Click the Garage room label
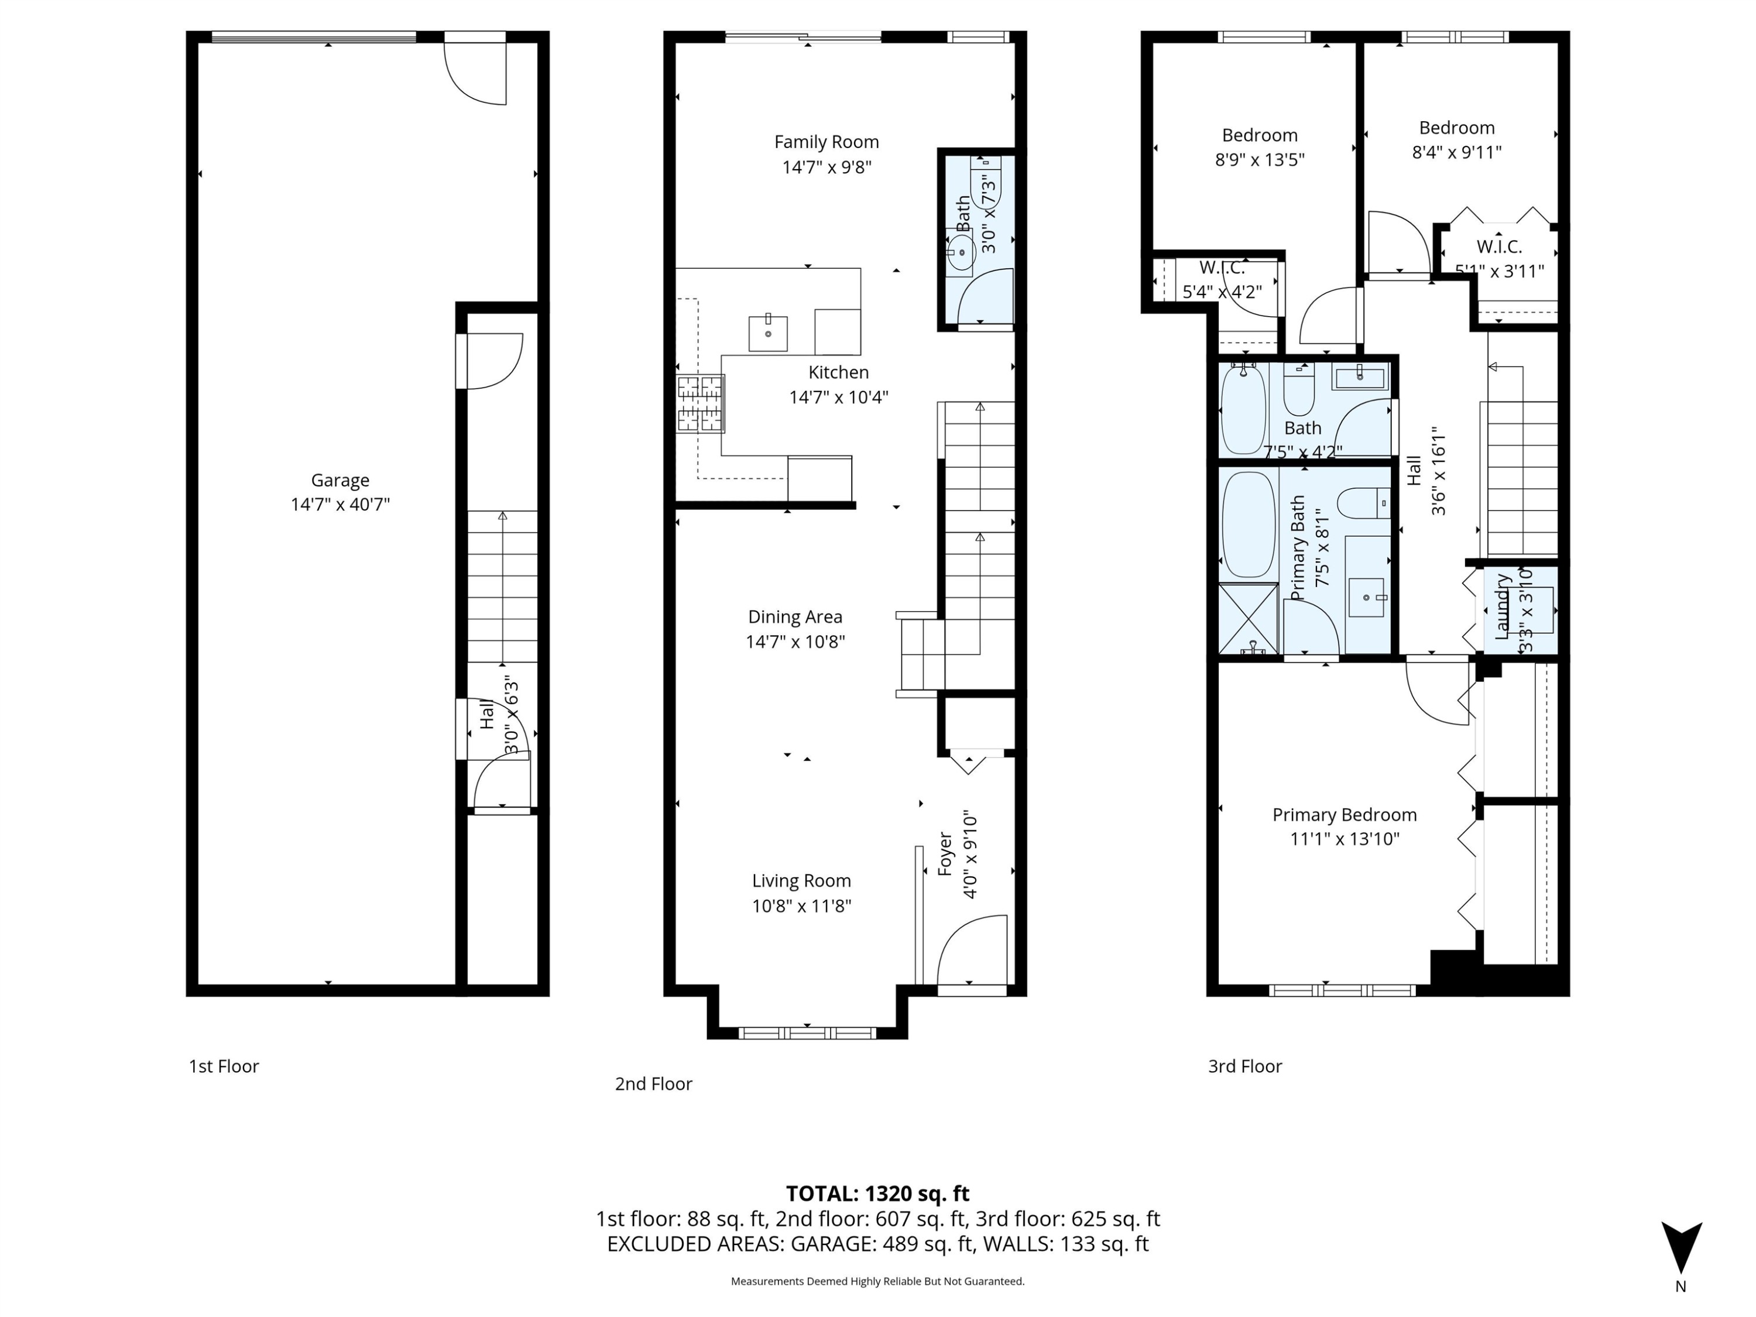click(339, 481)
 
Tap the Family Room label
click(826, 142)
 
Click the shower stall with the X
click(1247, 619)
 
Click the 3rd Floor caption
click(1245, 1066)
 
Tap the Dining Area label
click(795, 617)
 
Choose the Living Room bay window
click(807, 1033)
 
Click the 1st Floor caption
click(224, 1066)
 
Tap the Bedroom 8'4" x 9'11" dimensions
click(1456, 152)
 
